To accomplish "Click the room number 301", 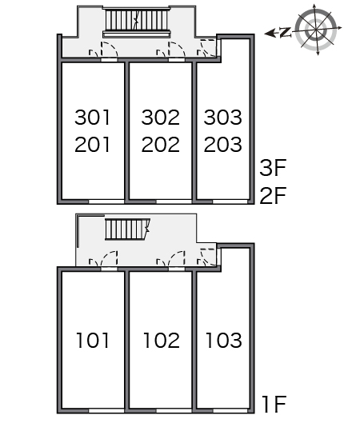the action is (92, 118).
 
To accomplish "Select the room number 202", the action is (161, 144).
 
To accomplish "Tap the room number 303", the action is (223, 118).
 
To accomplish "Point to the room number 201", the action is (92, 144).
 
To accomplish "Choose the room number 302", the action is (161, 118).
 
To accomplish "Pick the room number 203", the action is (223, 144).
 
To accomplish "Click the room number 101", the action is (93, 340).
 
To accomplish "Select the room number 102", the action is (162, 340).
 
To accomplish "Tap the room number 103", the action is (224, 340).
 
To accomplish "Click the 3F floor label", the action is (273, 168).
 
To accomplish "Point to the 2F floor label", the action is (273, 195).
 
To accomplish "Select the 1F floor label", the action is (274, 404).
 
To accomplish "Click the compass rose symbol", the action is (316, 29).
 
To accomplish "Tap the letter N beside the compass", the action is (286, 32).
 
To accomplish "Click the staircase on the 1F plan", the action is (127, 229).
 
